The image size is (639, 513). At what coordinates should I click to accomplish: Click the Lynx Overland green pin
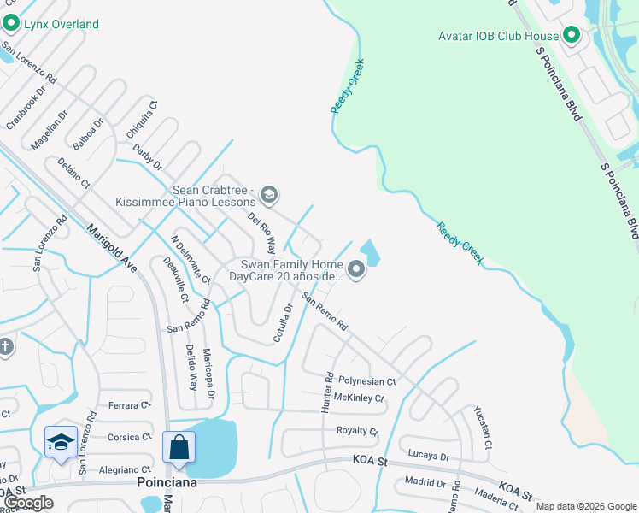(x=10, y=24)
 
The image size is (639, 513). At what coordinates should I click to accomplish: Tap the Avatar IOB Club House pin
(x=572, y=36)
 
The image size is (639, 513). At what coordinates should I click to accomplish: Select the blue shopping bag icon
(x=179, y=448)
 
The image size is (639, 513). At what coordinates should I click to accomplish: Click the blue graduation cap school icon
(x=61, y=443)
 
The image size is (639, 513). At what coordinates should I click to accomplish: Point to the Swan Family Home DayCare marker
(x=357, y=271)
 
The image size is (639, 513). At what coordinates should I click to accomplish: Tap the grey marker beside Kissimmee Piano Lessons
(x=268, y=196)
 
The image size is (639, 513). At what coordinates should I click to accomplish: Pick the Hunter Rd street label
(x=327, y=392)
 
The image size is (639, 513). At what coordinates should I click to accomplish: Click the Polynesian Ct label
(x=367, y=381)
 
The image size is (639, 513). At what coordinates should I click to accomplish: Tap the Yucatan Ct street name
(x=483, y=428)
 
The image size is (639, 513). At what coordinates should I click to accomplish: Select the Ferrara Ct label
(x=129, y=404)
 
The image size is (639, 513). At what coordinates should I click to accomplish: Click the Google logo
(x=28, y=503)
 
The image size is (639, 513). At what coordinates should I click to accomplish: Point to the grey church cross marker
(x=5, y=346)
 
